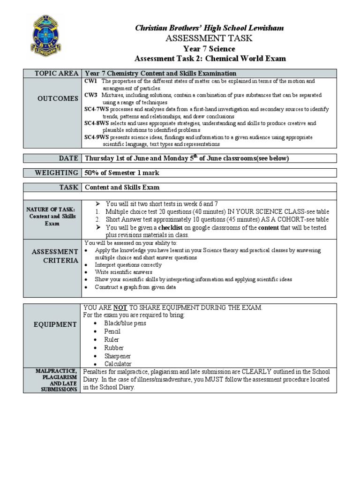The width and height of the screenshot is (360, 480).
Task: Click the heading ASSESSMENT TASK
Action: tap(210, 38)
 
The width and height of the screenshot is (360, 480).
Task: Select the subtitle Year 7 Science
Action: tap(210, 49)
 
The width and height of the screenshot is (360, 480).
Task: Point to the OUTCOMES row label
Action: tap(58, 98)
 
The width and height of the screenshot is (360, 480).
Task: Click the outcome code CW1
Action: tap(90, 81)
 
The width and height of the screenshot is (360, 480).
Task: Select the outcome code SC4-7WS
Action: tap(97, 109)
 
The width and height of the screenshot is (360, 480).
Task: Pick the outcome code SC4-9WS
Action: tap(97, 137)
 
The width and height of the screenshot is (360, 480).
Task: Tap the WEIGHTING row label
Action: tap(56, 173)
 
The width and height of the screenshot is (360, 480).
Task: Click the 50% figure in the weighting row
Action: tap(91, 173)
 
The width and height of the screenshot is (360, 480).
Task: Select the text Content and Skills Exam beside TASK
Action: tap(122, 187)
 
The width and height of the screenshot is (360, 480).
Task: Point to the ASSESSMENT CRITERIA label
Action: tap(55, 256)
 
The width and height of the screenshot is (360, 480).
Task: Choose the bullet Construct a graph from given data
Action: tap(135, 287)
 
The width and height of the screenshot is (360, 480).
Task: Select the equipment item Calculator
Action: tap(118, 364)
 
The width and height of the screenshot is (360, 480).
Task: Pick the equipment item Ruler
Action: tap(112, 339)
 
